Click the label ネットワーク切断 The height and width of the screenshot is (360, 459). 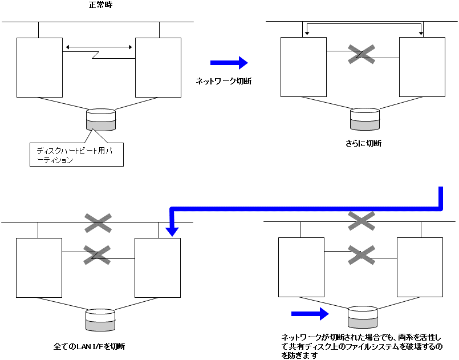pyautogui.click(x=224, y=82)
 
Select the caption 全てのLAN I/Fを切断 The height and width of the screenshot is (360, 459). pyautogui.click(x=90, y=346)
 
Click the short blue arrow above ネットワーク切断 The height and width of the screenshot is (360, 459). pyautogui.click(x=229, y=63)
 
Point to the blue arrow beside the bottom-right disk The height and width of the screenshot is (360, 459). pyautogui.click(x=310, y=313)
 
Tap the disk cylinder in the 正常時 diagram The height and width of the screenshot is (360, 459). pyautogui.click(x=101, y=120)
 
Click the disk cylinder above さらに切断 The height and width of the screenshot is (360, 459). pyautogui.click(x=365, y=119)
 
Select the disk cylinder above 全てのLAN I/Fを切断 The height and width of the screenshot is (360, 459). pyautogui.click(x=100, y=320)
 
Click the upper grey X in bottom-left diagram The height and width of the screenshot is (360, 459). pyautogui.click(x=98, y=223)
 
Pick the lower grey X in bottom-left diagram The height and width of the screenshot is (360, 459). pyautogui.click(x=98, y=254)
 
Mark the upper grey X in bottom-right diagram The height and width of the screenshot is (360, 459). pyautogui.click(x=361, y=221)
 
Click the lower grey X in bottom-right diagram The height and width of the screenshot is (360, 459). pyautogui.click(x=361, y=254)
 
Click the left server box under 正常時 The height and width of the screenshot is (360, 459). pyautogui.click(x=39, y=67)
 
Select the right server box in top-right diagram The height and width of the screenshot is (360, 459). pyautogui.click(x=422, y=67)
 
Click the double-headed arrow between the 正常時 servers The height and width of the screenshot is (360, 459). pyautogui.click(x=99, y=47)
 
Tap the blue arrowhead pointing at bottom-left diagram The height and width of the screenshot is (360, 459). pyautogui.click(x=172, y=230)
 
